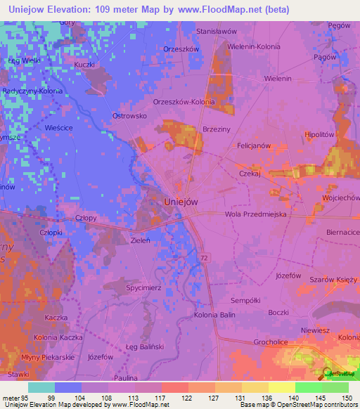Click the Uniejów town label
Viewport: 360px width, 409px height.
180,201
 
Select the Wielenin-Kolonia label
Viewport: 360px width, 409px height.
254,46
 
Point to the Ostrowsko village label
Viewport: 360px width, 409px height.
129,115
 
